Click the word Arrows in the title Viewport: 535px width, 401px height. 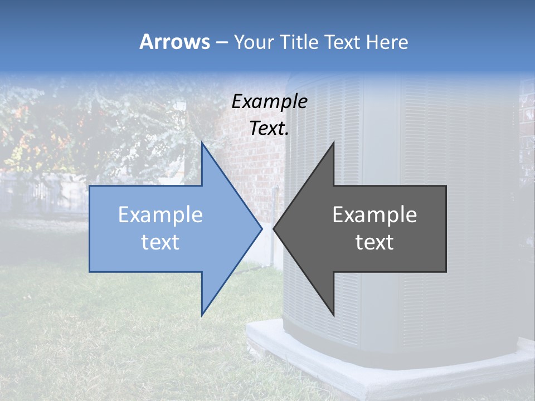[x=174, y=42]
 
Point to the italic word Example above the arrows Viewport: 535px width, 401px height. [x=269, y=101]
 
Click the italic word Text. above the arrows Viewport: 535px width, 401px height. [x=269, y=129]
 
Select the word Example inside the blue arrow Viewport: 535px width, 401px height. [x=160, y=214]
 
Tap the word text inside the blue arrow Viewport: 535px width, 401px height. [x=160, y=242]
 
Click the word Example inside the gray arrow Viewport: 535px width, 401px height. [x=374, y=214]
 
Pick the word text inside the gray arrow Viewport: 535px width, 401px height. [x=374, y=242]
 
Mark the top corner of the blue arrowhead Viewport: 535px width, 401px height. [x=202, y=143]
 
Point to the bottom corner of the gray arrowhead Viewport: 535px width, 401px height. [x=333, y=315]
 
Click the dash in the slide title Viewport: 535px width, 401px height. [x=221, y=42]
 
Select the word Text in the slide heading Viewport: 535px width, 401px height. [x=342, y=42]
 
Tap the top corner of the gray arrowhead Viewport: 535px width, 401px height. [x=333, y=143]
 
